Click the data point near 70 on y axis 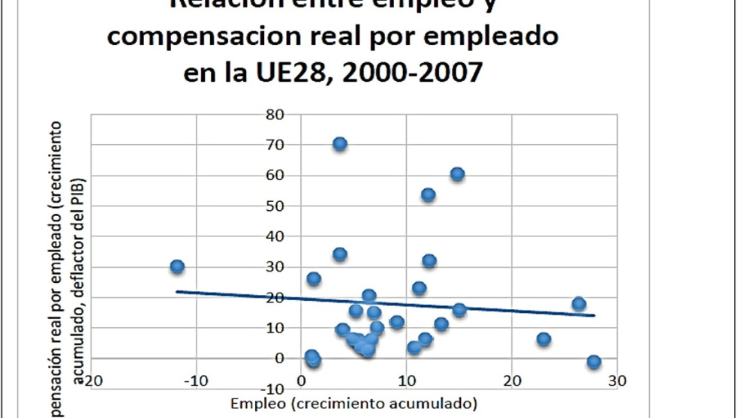[340, 144]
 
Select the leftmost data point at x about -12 [177, 266]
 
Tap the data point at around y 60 [457, 174]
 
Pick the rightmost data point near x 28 [594, 362]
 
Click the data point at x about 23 [543, 339]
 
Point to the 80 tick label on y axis [274, 115]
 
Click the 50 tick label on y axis [274, 206]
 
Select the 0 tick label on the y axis [279, 359]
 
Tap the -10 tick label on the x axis [196, 380]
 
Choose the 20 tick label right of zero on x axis [512, 380]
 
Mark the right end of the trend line [594, 315]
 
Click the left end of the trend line [176, 291]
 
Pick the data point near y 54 [429, 195]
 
